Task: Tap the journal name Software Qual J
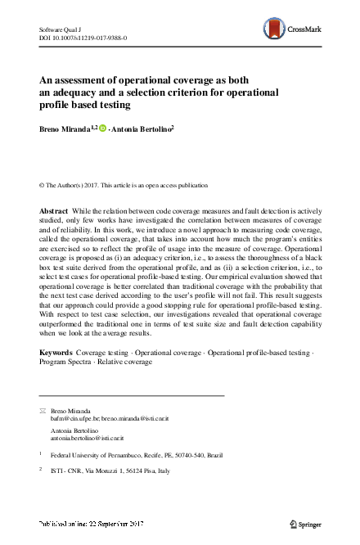(61, 29)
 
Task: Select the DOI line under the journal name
(83, 38)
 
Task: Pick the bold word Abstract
(54, 211)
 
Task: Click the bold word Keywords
(56, 352)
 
